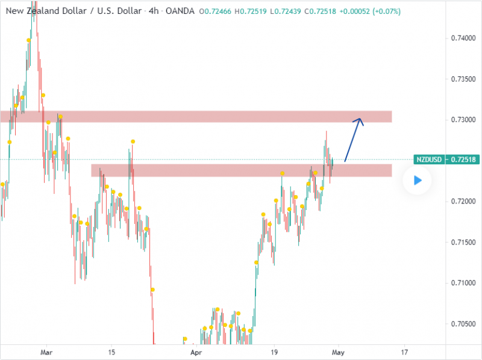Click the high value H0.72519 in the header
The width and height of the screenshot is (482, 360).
pos(245,11)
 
